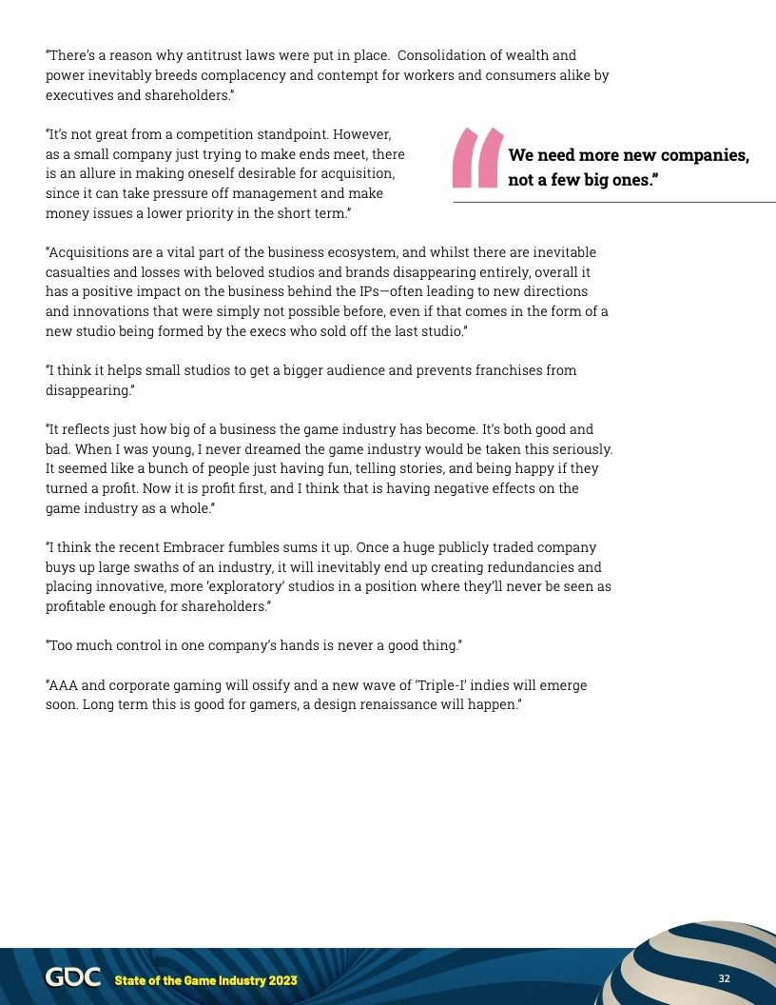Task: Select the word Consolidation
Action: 445,55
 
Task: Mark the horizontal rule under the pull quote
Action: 613,203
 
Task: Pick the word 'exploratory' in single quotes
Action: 269,587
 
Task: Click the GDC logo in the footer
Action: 73,978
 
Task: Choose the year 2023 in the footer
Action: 280,980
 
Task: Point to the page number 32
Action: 724,979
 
